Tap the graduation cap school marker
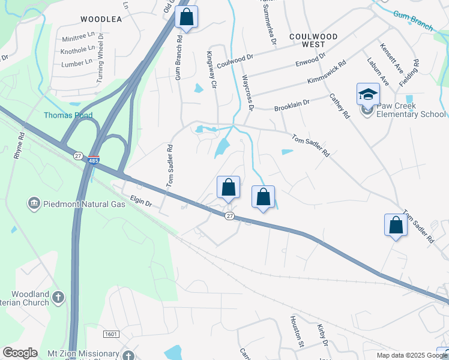368,95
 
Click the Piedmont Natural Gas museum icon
34,204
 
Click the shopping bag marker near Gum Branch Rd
187,17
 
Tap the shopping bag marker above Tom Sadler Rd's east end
396,226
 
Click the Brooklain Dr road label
292,105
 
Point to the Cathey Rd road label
338,106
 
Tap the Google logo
20,353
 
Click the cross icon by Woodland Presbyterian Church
58,296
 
